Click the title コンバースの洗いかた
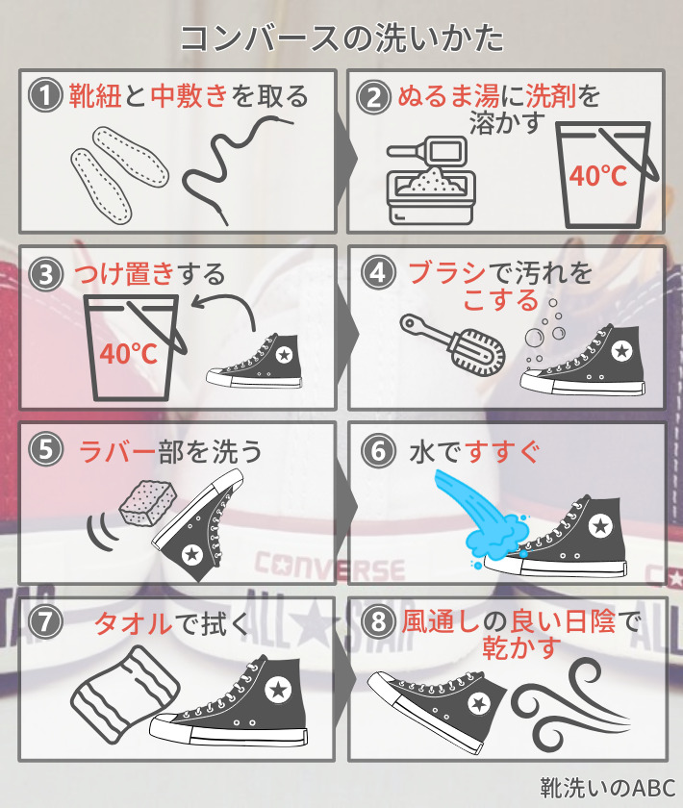[341, 38]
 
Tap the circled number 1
[45, 96]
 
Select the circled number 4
[378, 272]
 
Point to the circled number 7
[45, 622]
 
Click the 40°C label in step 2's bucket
[598, 176]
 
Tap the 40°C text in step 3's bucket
[128, 354]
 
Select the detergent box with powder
[431, 181]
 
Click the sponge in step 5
[147, 503]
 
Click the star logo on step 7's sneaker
[278, 689]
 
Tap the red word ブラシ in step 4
[447, 273]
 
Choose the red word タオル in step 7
[133, 623]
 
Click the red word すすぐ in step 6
[503, 452]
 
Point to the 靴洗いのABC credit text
[608, 788]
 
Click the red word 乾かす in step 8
[521, 648]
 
